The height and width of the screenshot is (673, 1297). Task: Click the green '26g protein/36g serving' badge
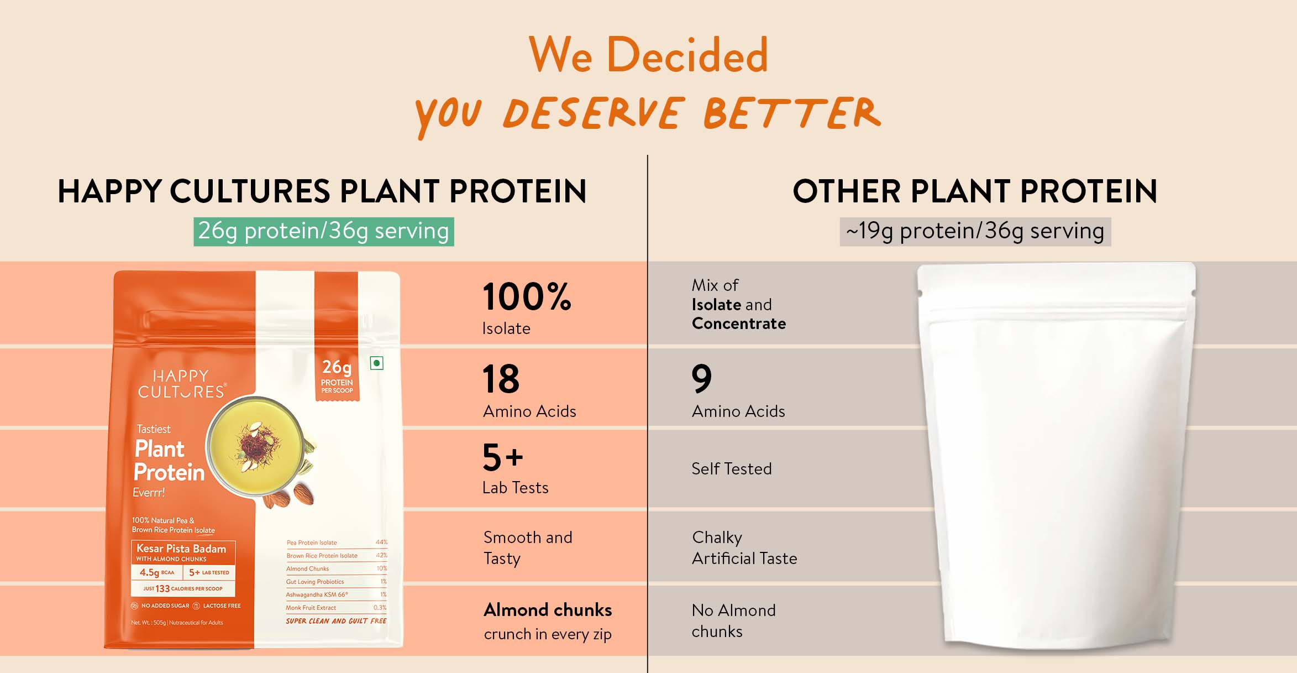(323, 232)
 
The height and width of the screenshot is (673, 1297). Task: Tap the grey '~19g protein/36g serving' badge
(975, 232)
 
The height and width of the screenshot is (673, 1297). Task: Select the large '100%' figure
(527, 296)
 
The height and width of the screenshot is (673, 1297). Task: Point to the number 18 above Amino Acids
(501, 379)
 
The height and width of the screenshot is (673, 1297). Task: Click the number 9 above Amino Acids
(702, 379)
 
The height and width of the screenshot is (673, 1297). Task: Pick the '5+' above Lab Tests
(502, 457)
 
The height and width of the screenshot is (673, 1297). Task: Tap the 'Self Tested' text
(732, 469)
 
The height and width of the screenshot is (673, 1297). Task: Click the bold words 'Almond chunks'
(548, 610)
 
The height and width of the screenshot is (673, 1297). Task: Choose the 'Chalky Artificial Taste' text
(744, 548)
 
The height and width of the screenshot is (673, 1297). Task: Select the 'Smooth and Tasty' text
(528, 548)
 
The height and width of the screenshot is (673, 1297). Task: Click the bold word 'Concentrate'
(739, 324)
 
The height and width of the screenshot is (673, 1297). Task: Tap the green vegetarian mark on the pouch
(377, 363)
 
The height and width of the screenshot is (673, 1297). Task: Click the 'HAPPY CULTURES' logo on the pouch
(182, 384)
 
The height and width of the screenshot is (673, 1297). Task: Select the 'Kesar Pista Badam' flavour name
(181, 549)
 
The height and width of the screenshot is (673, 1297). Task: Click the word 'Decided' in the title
(687, 55)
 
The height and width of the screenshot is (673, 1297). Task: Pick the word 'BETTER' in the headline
(792, 113)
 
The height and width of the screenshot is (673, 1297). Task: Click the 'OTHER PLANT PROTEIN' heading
(975, 191)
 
